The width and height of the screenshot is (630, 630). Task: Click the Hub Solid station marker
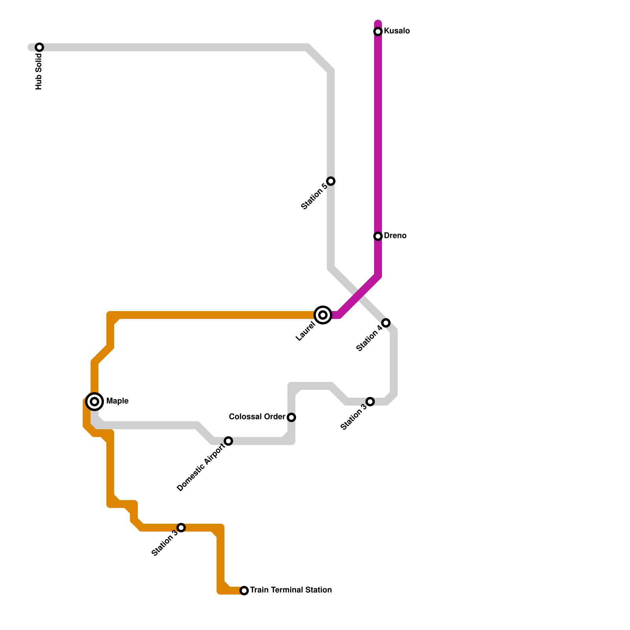point(39,47)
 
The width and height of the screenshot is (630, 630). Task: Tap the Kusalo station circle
point(378,31)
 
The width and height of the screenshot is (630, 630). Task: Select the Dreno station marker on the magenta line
point(378,236)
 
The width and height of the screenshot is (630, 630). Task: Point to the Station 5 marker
point(331,181)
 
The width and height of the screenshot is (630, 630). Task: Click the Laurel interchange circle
point(323,315)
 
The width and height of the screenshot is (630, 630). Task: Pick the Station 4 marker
point(386,323)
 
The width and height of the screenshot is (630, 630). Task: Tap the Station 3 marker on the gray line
point(370,402)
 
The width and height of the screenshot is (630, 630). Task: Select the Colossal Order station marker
point(291,417)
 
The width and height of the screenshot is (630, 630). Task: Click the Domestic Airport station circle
point(228,441)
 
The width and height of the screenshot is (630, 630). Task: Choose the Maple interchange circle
point(94,402)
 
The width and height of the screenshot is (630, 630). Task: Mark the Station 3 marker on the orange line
point(181,528)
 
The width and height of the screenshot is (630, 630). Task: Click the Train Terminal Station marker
point(244,591)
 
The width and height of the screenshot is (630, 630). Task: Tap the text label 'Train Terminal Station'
point(291,590)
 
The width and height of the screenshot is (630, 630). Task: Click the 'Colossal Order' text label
point(257,417)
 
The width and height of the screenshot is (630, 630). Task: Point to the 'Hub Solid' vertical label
point(39,72)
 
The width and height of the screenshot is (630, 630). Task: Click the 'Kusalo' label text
point(397,31)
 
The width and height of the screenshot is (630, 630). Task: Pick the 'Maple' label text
point(117,401)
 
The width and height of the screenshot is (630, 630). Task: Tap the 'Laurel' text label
point(306,331)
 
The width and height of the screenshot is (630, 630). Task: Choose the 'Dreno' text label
point(395,236)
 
